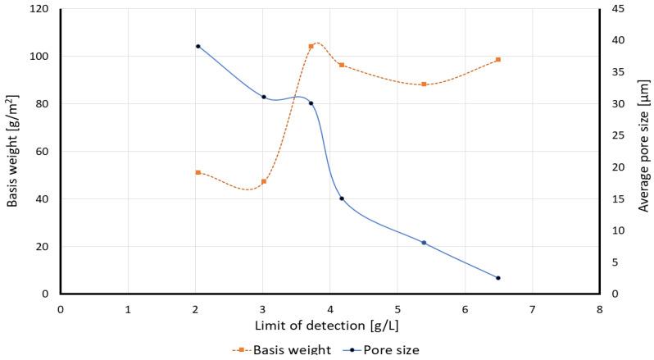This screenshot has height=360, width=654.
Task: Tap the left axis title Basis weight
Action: tap(12, 152)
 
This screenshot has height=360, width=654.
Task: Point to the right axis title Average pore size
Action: tap(643, 152)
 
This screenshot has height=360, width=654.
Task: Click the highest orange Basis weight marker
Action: tap(311, 47)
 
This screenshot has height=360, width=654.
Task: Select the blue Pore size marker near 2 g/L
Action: tap(198, 46)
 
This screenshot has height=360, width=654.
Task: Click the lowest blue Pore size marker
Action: tap(497, 278)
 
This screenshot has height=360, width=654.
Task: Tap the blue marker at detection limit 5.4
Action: tap(424, 243)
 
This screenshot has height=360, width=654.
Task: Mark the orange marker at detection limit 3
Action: tap(264, 181)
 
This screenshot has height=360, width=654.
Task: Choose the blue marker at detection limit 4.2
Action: tap(342, 198)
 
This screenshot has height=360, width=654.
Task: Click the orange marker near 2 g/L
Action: tap(198, 172)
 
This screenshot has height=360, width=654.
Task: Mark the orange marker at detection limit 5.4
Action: tap(424, 84)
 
